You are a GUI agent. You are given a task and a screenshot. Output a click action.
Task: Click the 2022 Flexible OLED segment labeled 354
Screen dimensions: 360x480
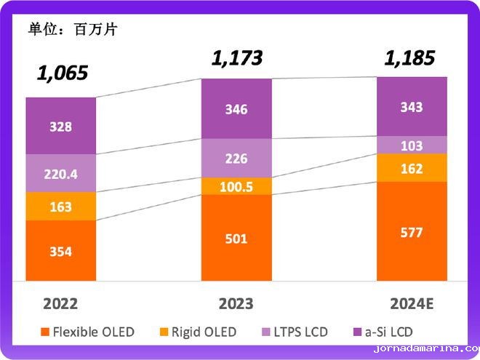[61, 251]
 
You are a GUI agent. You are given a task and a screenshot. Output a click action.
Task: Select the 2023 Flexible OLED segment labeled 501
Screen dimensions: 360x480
[236, 238]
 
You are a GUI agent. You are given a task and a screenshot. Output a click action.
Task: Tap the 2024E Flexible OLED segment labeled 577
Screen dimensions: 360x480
[412, 232]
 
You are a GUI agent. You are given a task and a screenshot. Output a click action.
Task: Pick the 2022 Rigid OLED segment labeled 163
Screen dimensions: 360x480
[61, 207]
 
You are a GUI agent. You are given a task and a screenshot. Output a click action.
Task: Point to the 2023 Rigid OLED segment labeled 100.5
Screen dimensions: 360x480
[236, 187]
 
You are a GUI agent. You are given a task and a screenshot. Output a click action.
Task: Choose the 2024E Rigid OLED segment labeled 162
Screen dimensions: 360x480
[412, 168]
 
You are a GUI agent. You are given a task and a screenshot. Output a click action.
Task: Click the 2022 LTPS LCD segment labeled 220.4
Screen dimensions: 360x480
[61, 174]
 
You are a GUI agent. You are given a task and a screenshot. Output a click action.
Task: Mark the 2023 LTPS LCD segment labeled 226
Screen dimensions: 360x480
[236, 159]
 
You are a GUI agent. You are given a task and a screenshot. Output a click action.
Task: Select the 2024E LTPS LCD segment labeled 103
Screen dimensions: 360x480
[412, 145]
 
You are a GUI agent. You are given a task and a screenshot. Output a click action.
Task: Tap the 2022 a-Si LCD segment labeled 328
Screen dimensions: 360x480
[61, 127]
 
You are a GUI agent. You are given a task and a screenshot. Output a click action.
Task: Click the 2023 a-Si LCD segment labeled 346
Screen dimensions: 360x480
[236, 109]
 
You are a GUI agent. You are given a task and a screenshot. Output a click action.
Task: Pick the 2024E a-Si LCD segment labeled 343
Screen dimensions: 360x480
[412, 107]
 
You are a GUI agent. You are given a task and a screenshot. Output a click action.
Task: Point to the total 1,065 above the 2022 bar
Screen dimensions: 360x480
[63, 73]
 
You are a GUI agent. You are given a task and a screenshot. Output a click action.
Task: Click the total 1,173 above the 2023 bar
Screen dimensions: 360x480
[236, 57]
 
